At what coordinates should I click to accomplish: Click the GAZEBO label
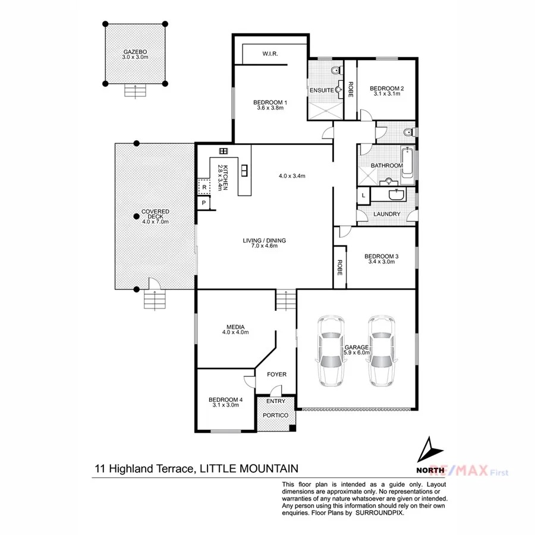click(x=135, y=52)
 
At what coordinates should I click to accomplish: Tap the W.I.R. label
click(x=270, y=54)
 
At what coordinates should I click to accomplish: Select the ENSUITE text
click(x=321, y=90)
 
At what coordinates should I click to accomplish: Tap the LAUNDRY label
click(x=386, y=214)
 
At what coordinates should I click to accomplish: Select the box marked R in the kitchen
click(x=204, y=187)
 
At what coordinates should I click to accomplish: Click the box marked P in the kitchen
click(x=204, y=203)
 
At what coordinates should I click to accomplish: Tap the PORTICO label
click(x=275, y=415)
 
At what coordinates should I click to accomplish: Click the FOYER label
click(x=276, y=374)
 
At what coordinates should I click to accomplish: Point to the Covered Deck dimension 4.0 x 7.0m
click(x=155, y=222)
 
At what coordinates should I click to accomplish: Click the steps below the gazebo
click(x=135, y=91)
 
